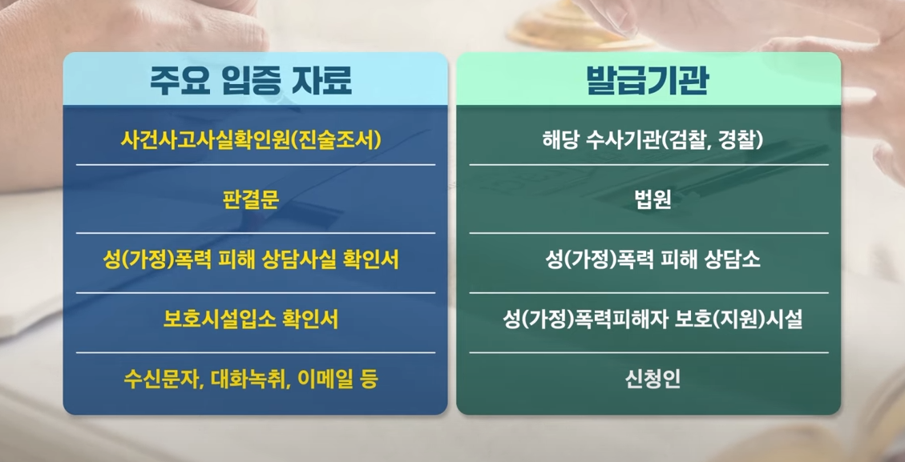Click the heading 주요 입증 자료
point(251,81)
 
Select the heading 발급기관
point(648,81)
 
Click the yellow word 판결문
point(251,199)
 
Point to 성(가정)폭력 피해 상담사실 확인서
point(251,259)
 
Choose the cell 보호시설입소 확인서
point(251,319)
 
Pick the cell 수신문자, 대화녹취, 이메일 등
point(251,379)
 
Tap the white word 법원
point(648,199)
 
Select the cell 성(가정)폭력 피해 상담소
point(648,259)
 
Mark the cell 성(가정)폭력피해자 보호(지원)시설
point(648,319)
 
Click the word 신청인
point(648,379)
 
